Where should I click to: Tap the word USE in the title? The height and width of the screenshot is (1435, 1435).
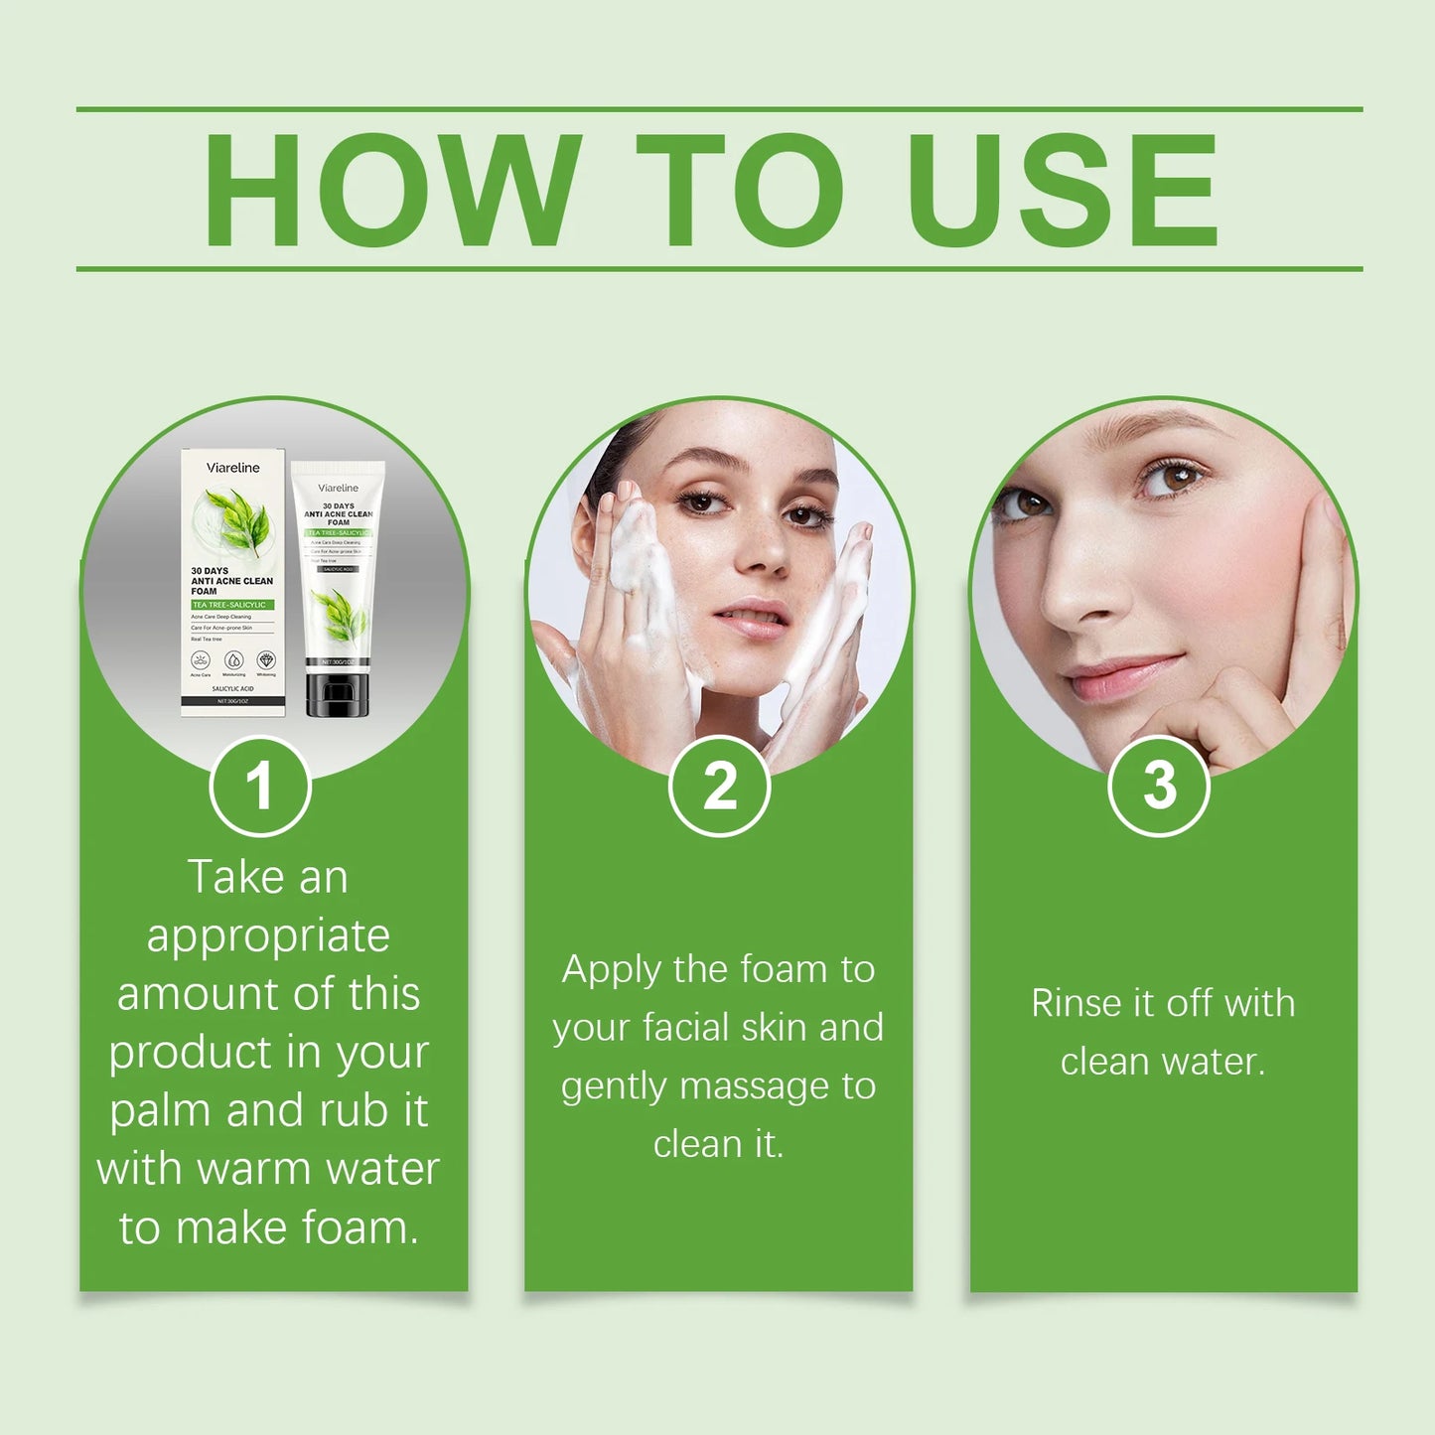pyautogui.click(x=1062, y=190)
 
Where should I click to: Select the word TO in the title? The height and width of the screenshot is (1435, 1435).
pyautogui.click(x=740, y=190)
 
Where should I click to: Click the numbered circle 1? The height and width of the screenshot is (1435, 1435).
pyautogui.click(x=260, y=786)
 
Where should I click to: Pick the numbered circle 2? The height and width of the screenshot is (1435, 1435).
pyautogui.click(x=719, y=786)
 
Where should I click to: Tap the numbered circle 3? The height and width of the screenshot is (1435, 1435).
pyautogui.click(x=1158, y=786)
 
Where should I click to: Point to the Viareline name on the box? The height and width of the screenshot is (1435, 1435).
pyautogui.click(x=232, y=468)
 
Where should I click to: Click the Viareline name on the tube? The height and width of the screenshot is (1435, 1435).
pyautogui.click(x=338, y=488)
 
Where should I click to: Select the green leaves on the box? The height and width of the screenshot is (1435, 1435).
pyautogui.click(x=238, y=521)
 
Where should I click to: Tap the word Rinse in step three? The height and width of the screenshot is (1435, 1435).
pyautogui.click(x=1076, y=1003)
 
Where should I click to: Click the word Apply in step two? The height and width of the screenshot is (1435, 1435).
pyautogui.click(x=611, y=970)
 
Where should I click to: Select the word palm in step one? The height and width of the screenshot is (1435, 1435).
pyautogui.click(x=160, y=1111)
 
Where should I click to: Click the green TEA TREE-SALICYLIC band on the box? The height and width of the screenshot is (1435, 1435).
pyautogui.click(x=231, y=604)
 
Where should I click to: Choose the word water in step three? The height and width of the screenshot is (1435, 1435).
pyautogui.click(x=1213, y=1062)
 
